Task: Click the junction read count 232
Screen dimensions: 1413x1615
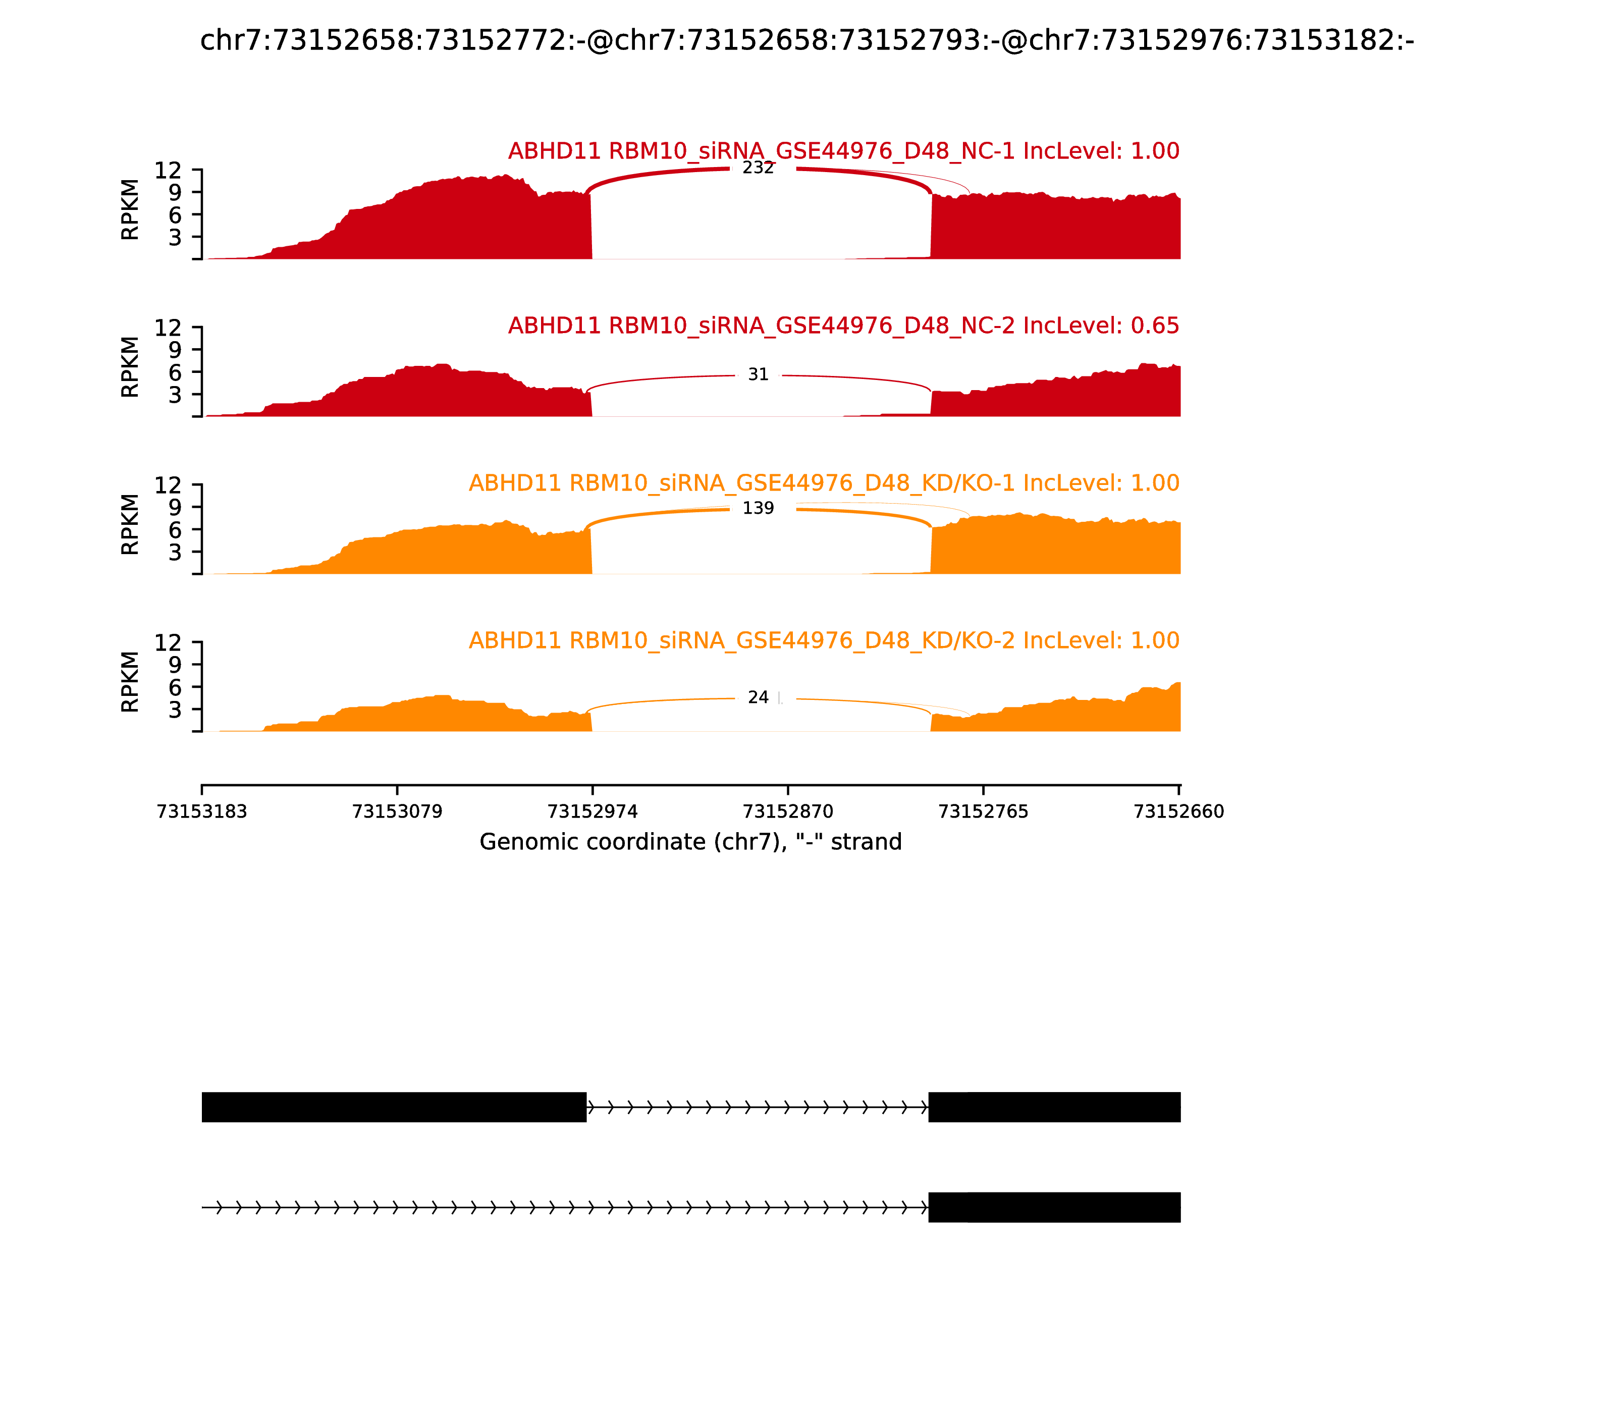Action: point(758,168)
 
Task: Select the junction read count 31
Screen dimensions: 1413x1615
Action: point(758,374)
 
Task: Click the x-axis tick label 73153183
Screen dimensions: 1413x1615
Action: point(202,812)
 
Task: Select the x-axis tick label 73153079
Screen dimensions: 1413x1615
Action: point(398,812)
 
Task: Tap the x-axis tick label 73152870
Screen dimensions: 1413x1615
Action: point(788,812)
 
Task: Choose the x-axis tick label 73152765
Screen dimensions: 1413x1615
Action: point(983,812)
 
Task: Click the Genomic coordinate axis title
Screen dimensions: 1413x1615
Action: point(691,842)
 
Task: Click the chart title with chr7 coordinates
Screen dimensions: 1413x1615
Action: point(806,40)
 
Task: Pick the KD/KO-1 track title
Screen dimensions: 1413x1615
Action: point(824,483)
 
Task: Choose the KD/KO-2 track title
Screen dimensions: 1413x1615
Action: point(824,640)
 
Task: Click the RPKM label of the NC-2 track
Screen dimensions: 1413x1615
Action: point(130,367)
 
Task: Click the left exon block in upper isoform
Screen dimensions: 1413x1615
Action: point(394,1107)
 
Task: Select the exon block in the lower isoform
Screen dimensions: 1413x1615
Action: point(1054,1207)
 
